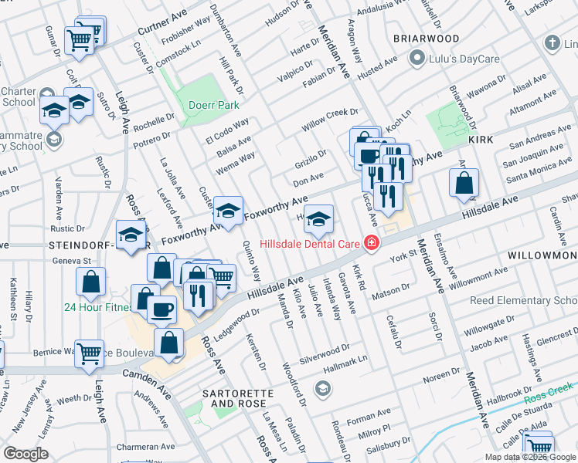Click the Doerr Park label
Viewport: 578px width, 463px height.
coord(209,105)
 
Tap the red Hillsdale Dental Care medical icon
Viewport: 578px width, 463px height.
coord(372,243)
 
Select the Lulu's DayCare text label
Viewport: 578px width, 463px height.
coord(456,57)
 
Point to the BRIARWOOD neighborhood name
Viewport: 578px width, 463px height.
coord(425,38)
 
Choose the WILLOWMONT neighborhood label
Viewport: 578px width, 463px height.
coord(542,255)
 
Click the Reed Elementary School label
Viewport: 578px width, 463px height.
coord(524,300)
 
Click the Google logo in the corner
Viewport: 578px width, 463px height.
coord(25,453)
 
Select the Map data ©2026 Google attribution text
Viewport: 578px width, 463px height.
coord(529,457)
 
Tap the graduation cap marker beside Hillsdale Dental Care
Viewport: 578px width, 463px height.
coord(318,219)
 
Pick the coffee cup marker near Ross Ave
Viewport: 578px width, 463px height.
coord(161,308)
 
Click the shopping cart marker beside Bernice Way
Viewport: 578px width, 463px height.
coord(90,353)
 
